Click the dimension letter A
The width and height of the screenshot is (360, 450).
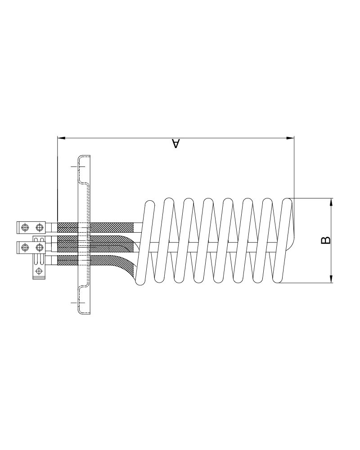(x=176, y=144)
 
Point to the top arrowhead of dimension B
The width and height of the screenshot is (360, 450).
(x=331, y=201)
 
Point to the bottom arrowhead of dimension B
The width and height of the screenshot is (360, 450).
(x=331, y=279)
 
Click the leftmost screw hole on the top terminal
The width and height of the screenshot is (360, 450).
(x=25, y=227)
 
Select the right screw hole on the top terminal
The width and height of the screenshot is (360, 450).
(x=40, y=227)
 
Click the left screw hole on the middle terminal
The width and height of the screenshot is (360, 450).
(x=25, y=247)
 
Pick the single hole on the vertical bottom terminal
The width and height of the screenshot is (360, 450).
(x=39, y=270)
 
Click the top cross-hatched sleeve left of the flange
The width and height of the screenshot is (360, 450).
(x=67, y=227)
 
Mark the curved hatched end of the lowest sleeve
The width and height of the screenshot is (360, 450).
(x=126, y=265)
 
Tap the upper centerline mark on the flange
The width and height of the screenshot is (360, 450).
(x=78, y=166)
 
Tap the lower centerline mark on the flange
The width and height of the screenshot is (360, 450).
(x=78, y=302)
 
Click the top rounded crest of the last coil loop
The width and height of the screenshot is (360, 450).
(x=287, y=201)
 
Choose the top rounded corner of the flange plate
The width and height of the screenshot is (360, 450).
(x=81, y=157)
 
